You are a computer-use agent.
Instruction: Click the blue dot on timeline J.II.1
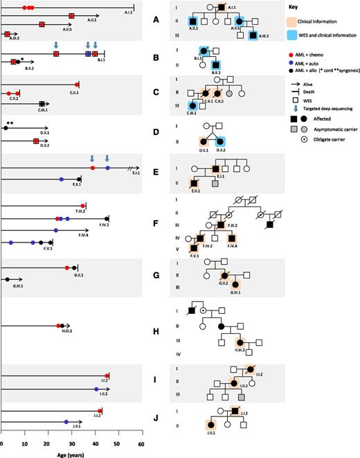click(66, 421)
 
